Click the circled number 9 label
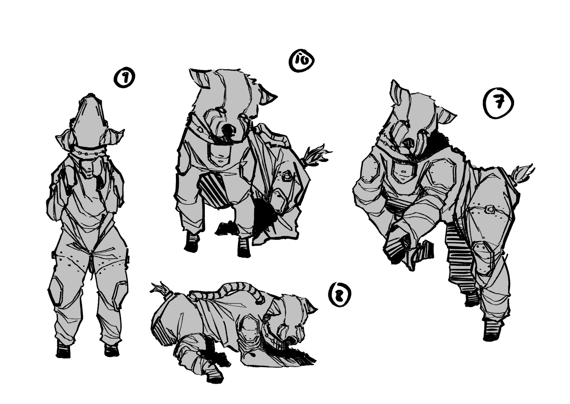[x=124, y=79]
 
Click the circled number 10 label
[x=302, y=60]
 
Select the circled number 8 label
[x=339, y=295]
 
